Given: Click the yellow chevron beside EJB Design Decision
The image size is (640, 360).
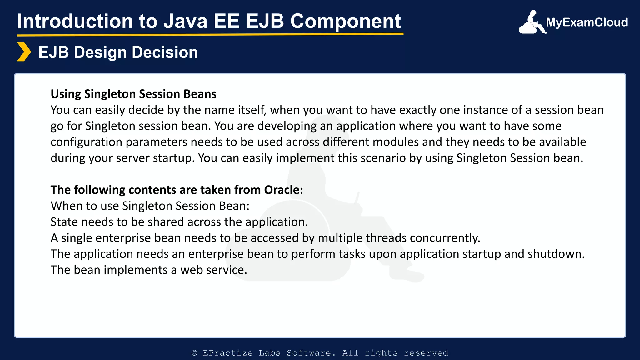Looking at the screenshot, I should click(24, 52).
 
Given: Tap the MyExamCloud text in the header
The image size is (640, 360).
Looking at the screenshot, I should click(587, 22).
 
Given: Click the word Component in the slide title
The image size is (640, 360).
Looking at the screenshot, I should click(345, 21).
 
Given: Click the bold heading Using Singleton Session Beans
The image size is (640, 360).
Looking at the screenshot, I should click(133, 94).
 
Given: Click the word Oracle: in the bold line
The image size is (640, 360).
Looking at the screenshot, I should click(283, 190).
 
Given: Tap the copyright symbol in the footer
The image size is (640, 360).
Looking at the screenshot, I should click(194, 353).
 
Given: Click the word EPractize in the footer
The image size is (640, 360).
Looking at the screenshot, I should click(227, 353).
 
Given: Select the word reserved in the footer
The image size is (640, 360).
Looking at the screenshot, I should click(426, 353).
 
